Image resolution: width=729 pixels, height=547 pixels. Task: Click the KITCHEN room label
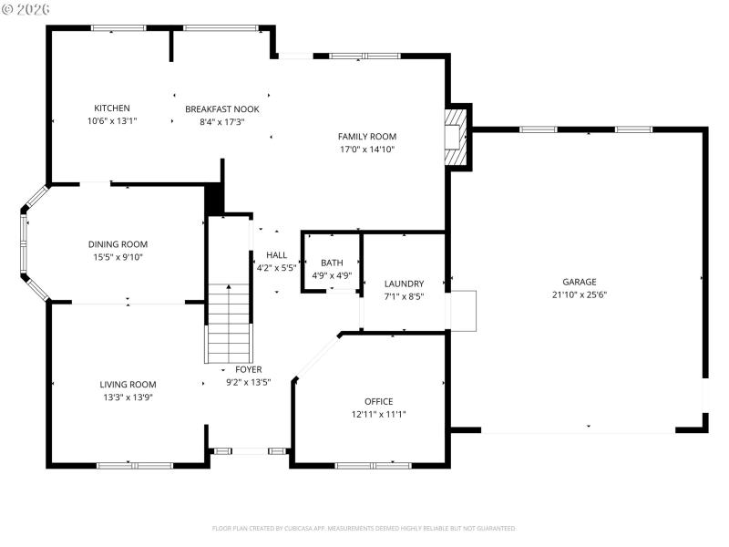(112, 108)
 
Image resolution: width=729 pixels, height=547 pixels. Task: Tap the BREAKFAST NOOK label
(222, 108)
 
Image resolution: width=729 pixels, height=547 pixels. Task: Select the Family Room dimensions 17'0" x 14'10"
(367, 149)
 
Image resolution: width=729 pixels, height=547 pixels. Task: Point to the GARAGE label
(579, 282)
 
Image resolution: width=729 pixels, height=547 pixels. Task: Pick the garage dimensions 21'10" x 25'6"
(579, 294)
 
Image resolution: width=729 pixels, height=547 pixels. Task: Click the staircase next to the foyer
(228, 324)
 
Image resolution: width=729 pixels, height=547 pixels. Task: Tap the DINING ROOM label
(118, 244)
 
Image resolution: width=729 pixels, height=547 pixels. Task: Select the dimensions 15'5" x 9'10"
(118, 257)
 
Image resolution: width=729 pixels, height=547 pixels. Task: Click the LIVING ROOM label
(128, 385)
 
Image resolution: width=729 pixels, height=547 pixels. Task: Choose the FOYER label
(249, 369)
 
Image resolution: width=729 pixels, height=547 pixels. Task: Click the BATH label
(332, 263)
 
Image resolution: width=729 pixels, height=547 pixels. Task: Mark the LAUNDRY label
(404, 284)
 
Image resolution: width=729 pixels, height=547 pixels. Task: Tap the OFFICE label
(378, 401)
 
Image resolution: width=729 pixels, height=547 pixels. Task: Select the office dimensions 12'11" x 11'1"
(378, 414)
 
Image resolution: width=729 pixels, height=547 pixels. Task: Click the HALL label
(276, 255)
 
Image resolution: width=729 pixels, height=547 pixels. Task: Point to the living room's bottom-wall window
(135, 465)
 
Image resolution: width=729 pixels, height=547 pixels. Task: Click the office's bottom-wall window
(373, 465)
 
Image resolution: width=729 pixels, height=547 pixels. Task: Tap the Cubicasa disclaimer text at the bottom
(364, 528)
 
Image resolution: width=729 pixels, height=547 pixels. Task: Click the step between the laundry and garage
(463, 310)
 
